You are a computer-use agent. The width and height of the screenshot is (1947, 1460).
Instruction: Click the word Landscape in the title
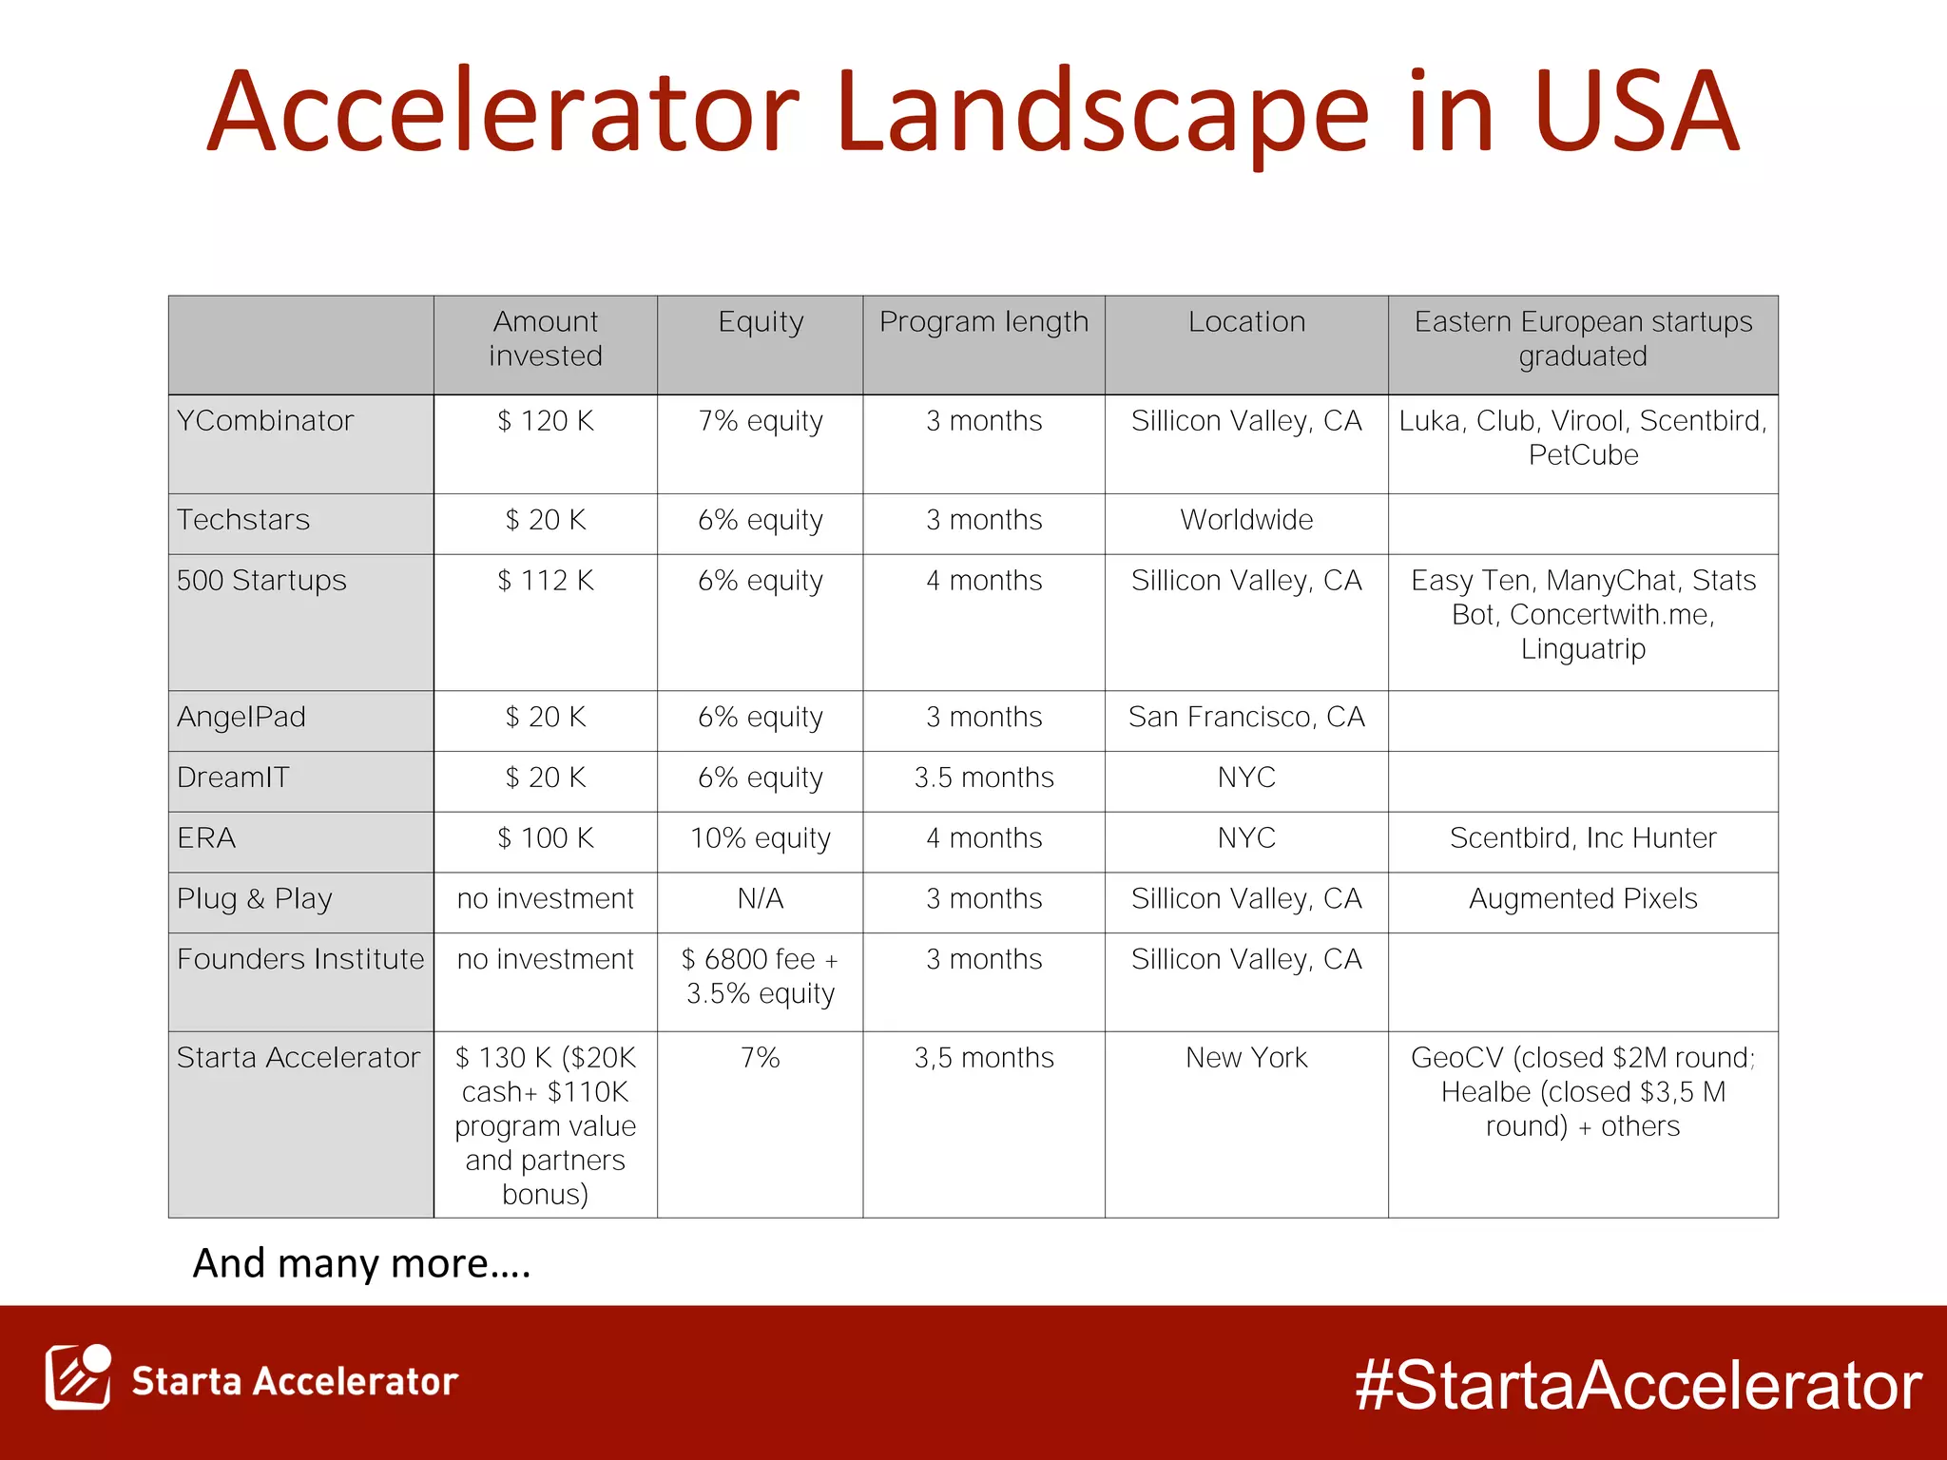[x=1103, y=114]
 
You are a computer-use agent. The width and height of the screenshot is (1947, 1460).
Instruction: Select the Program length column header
[x=983, y=323]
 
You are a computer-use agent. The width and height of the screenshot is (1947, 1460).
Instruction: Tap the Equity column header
[x=761, y=323]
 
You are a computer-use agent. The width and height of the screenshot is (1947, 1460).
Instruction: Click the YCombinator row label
[x=265, y=421]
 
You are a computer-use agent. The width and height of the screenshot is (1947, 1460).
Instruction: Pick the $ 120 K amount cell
[x=546, y=421]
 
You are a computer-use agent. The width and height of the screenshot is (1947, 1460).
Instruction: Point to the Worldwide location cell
[x=1246, y=520]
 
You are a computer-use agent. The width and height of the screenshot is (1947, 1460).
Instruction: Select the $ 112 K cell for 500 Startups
[x=546, y=581]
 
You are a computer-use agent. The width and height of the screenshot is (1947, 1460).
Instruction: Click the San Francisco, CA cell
[x=1246, y=717]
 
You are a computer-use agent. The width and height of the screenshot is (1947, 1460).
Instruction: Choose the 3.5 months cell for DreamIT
[x=983, y=778]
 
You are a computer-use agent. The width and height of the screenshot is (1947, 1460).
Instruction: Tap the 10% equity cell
[x=761, y=838]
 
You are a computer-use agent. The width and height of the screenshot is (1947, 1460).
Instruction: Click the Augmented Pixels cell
[x=1583, y=899]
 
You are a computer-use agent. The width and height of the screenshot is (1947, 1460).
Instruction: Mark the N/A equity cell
[x=761, y=899]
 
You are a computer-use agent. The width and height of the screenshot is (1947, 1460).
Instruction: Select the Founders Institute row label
[x=300, y=959]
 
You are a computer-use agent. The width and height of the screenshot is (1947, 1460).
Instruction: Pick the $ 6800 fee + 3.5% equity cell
[x=761, y=976]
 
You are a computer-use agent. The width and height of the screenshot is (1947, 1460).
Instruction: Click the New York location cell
[x=1246, y=1058]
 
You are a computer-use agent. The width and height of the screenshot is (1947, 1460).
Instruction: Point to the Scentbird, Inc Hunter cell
[x=1583, y=838]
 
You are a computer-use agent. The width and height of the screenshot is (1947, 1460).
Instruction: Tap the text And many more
[x=361, y=1264]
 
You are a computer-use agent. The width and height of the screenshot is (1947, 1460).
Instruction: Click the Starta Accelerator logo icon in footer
[x=78, y=1378]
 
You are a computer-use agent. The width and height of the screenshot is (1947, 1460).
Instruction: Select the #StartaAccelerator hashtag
[x=1638, y=1385]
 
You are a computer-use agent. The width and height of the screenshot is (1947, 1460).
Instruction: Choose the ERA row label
[x=206, y=838]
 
